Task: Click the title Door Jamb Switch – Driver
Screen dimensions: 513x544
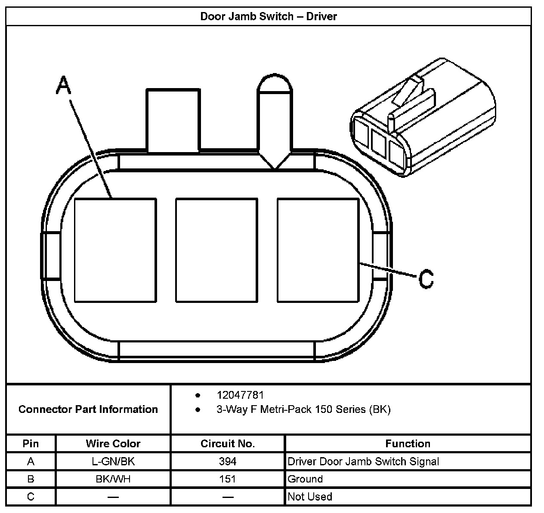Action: pyautogui.click(x=269, y=16)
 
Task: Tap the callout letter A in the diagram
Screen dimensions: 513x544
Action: pyautogui.click(x=63, y=85)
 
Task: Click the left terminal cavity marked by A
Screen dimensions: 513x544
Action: pyautogui.click(x=115, y=250)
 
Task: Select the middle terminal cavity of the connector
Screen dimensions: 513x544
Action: pyautogui.click(x=216, y=250)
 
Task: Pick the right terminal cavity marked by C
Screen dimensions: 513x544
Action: pyautogui.click(x=318, y=250)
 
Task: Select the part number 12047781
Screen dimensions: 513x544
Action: pyautogui.click(x=240, y=395)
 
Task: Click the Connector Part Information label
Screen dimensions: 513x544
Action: pyautogui.click(x=88, y=409)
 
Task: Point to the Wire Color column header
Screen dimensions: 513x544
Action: pyautogui.click(x=113, y=443)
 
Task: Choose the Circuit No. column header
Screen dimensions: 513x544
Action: pyautogui.click(x=228, y=443)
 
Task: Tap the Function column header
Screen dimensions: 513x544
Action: pyautogui.click(x=408, y=443)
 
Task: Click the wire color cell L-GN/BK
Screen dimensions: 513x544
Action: pyautogui.click(x=113, y=461)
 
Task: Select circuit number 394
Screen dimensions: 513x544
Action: pyautogui.click(x=228, y=461)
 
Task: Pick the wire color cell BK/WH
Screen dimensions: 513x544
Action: pyautogui.click(x=113, y=479)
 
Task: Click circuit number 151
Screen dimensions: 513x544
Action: pyautogui.click(x=228, y=479)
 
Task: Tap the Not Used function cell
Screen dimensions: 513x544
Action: pyautogui.click(x=310, y=497)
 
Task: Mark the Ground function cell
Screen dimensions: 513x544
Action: pyautogui.click(x=305, y=479)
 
